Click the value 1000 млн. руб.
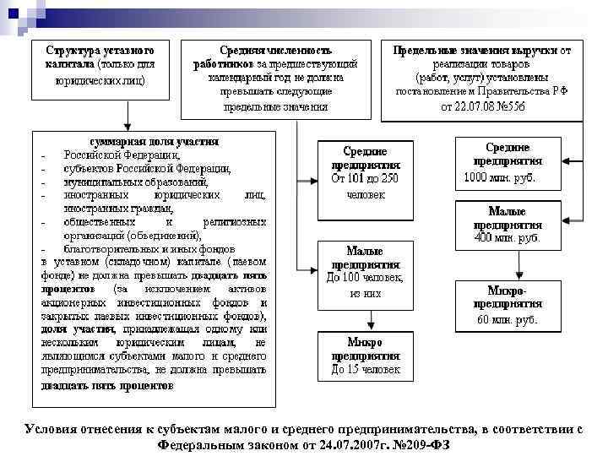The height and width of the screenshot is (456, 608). (499, 178)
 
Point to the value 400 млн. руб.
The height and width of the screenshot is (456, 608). (507, 238)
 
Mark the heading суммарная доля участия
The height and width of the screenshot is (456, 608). (155, 141)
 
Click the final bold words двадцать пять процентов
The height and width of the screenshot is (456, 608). (107, 385)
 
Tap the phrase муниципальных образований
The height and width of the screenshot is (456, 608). (135, 182)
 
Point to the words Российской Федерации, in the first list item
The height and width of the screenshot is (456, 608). (122, 155)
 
